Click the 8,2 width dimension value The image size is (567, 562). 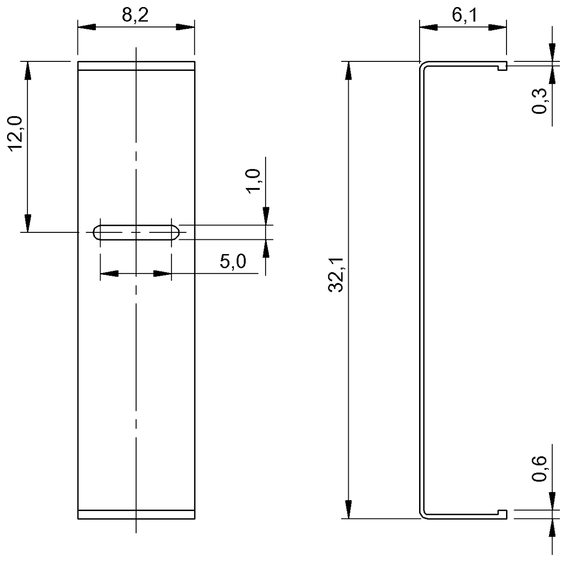click(135, 16)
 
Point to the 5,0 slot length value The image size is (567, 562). click(233, 261)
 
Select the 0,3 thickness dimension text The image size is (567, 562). click(540, 101)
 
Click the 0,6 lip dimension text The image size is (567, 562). click(540, 468)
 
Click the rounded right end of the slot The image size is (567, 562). click(175, 232)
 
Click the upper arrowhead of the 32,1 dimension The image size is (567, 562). click(349, 71)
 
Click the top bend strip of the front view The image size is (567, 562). click(136, 66)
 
